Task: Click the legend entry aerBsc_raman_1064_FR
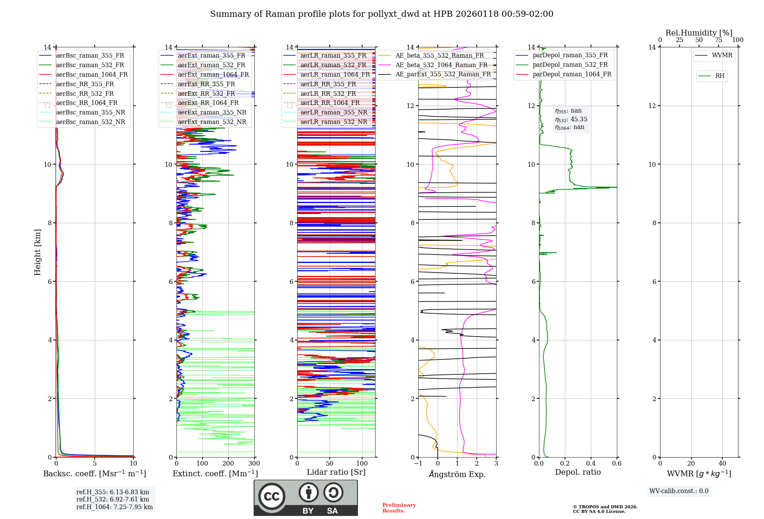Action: tap(92, 74)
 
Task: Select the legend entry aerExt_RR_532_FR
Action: tap(206, 93)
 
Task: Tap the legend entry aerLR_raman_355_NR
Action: tap(333, 112)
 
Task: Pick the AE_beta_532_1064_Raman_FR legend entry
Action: tap(441, 65)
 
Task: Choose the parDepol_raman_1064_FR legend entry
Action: tap(572, 74)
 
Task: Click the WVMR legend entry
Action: tap(722, 55)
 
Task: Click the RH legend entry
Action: tap(720, 76)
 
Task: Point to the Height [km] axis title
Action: tap(37, 252)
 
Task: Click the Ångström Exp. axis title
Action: tap(457, 474)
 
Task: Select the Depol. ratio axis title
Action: tap(578, 472)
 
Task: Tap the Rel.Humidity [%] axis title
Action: tap(699, 33)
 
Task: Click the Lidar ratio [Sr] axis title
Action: tap(336, 472)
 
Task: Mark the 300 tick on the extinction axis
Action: tap(254, 463)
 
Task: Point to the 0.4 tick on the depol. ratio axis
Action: tap(591, 463)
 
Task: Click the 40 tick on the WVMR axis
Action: tap(722, 463)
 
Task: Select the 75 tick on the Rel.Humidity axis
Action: tap(718, 40)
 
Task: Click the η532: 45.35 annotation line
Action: tap(571, 119)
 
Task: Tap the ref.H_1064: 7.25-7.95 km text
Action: tap(115, 507)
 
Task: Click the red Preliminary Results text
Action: tap(399, 508)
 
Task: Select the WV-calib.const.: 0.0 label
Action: tap(679, 491)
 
